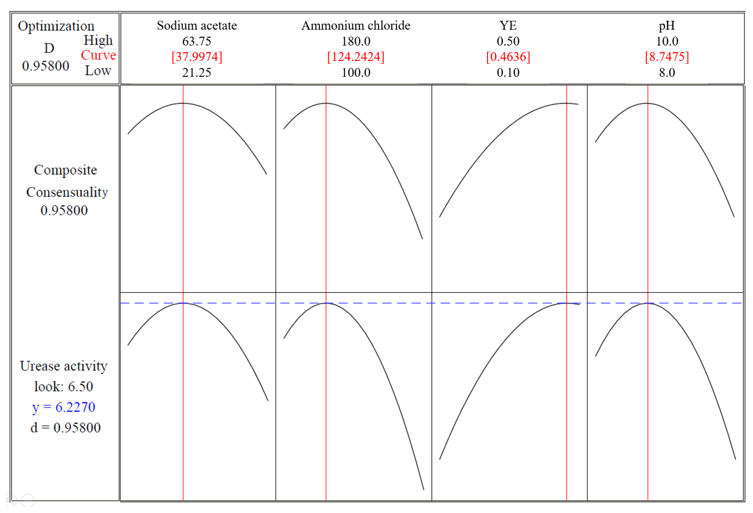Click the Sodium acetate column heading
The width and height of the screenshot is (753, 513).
click(x=197, y=25)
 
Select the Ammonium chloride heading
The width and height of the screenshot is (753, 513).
click(x=355, y=25)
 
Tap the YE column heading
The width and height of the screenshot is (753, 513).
click(x=508, y=25)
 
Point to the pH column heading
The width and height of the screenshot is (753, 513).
click(x=666, y=25)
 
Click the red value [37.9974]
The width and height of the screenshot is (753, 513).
click(x=197, y=57)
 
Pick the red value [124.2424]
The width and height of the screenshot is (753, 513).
click(x=355, y=57)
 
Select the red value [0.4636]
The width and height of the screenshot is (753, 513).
click(x=508, y=57)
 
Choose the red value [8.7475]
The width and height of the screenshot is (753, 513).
click(x=666, y=57)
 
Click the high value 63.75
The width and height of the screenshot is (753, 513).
click(x=197, y=41)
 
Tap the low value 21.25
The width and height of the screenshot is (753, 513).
click(x=197, y=72)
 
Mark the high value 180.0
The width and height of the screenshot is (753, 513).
click(x=356, y=41)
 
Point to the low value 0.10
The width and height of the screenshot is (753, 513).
click(x=508, y=72)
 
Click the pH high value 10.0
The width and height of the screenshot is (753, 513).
click(x=667, y=41)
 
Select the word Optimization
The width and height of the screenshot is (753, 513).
click(x=56, y=26)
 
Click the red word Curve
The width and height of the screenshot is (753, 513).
click(x=98, y=55)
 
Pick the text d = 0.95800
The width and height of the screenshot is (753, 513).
click(x=65, y=428)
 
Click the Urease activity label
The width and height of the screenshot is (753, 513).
click(x=64, y=366)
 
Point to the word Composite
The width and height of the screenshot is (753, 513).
click(x=65, y=170)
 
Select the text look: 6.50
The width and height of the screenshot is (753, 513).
click(x=64, y=386)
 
